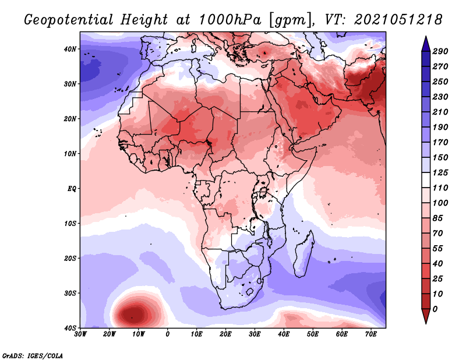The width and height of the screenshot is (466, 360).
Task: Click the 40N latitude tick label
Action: point(70,49)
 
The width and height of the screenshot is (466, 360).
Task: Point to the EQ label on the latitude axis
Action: point(72,189)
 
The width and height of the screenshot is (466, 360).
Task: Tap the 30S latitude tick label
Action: point(70,294)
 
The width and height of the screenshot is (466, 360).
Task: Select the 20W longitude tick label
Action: point(110,334)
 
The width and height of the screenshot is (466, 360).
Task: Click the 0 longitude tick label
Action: point(168,334)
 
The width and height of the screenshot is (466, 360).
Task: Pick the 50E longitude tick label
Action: point(313,334)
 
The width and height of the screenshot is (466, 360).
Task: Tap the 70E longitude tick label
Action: point(370,334)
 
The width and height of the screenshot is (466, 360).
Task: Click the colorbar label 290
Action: point(440,51)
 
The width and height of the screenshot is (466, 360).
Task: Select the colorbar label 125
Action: point(440,172)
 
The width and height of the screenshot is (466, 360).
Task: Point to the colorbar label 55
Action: point(437,249)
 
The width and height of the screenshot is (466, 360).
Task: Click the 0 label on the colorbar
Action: point(435,309)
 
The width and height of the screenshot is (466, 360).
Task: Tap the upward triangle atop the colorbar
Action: point(426,44)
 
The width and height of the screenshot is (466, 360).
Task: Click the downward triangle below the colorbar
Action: point(426,316)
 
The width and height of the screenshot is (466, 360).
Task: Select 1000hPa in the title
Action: point(230,20)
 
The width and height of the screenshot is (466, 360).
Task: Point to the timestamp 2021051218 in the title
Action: point(398,20)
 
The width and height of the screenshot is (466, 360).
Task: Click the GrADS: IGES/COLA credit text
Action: point(33,356)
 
